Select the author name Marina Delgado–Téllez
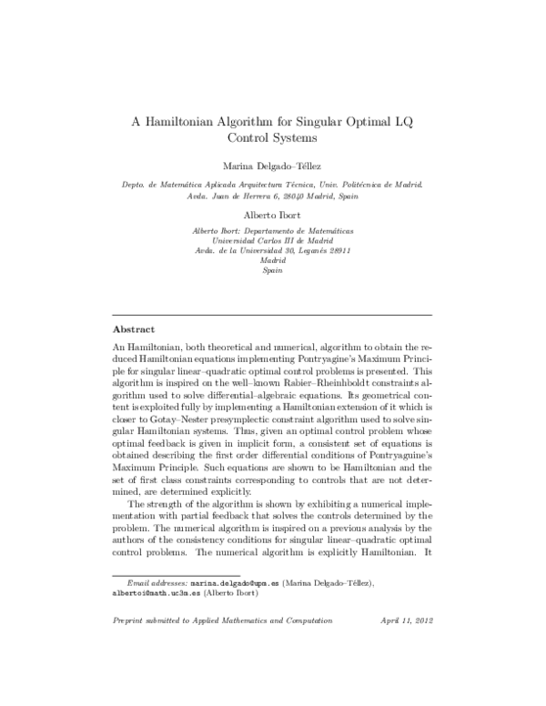click(273, 166)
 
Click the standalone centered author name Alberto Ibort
click(273, 216)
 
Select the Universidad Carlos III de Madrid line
click(273, 241)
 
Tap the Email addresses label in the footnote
click(157, 580)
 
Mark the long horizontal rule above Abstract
click(273, 314)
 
